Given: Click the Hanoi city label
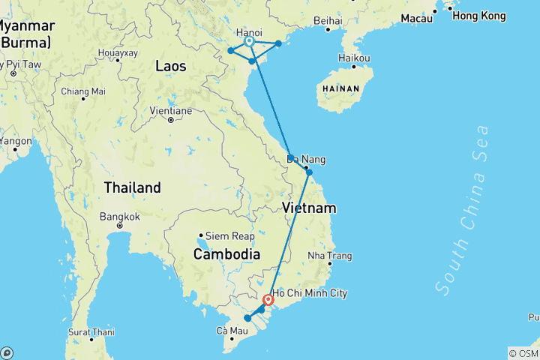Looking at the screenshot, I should pyautogui.click(x=248, y=33).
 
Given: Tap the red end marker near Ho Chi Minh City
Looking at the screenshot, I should pyautogui.click(x=268, y=301).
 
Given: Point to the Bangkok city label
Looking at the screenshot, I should pyautogui.click(x=119, y=217).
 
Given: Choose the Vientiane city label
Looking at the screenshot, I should pyautogui.click(x=172, y=111).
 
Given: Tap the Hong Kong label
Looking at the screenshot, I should pyautogui.click(x=479, y=16).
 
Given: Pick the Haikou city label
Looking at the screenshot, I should pyautogui.click(x=354, y=58).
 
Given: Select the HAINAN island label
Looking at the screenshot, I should pyautogui.click(x=341, y=88).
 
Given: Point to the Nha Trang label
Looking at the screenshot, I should pyautogui.click(x=329, y=256).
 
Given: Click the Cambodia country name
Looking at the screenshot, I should pyautogui.click(x=226, y=254).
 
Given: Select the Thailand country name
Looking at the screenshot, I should pyautogui.click(x=132, y=187).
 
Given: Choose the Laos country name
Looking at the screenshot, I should pyautogui.click(x=170, y=66).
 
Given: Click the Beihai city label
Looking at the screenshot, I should pyautogui.click(x=328, y=21).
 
